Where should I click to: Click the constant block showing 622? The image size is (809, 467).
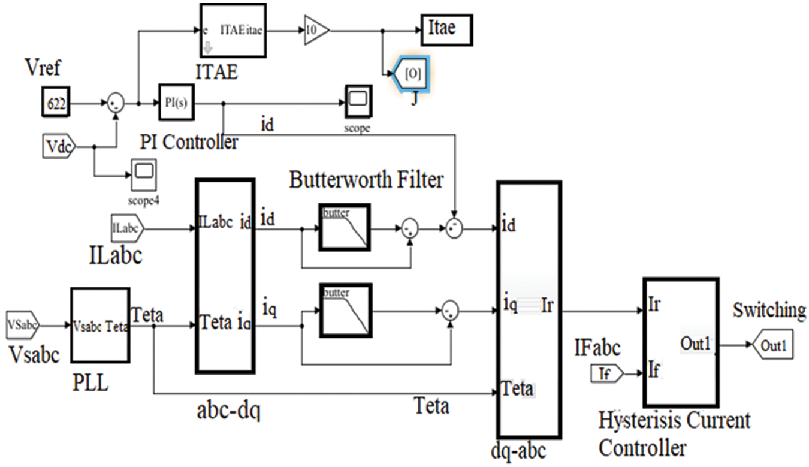point(56,103)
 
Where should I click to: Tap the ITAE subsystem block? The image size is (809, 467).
point(235,31)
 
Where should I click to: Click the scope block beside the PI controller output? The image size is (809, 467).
point(358,102)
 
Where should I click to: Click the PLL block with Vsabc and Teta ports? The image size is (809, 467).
point(100,327)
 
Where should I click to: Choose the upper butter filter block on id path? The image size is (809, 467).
point(345,227)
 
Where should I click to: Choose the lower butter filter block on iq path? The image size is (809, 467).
point(345,311)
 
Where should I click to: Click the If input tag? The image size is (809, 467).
point(608,374)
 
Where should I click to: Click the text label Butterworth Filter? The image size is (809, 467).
point(366,179)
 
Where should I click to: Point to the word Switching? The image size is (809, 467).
point(769,311)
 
